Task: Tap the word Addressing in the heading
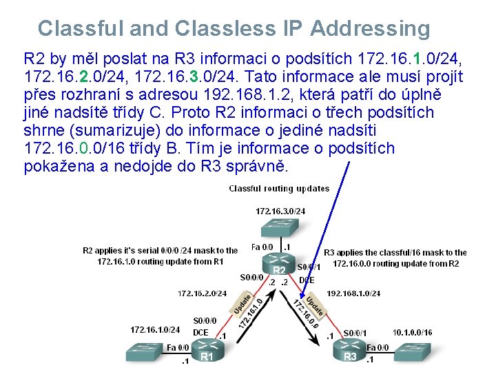click(x=370, y=28)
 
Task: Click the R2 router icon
click(x=279, y=265)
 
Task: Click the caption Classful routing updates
click(x=279, y=188)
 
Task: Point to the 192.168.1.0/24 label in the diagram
click(x=353, y=293)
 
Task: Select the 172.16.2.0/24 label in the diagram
click(x=202, y=293)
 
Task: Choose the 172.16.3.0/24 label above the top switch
click(x=280, y=211)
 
